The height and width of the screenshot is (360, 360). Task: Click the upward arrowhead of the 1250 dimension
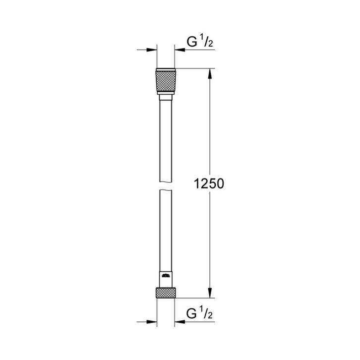(210, 73)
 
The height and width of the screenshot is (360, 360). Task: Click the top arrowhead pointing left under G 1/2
(178, 50)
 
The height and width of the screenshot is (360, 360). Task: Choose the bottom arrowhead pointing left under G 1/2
(178, 321)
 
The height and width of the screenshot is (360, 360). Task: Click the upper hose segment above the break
(165, 139)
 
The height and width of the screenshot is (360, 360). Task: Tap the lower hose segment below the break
(165, 228)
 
